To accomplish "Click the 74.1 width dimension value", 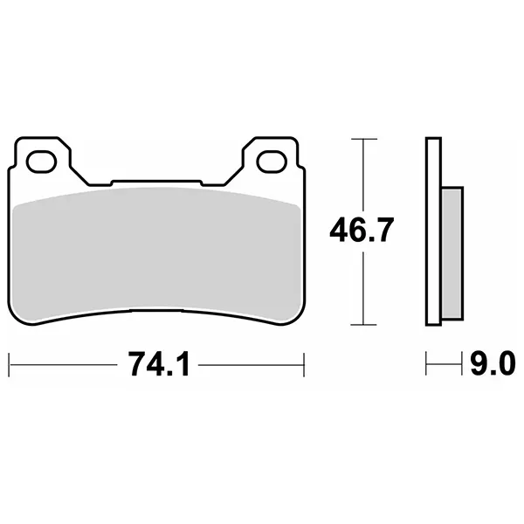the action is click(x=160, y=364).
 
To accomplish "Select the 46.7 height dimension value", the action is click(x=362, y=229).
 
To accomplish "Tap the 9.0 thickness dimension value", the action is click(x=493, y=364).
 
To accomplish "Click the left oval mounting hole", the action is click(x=41, y=162).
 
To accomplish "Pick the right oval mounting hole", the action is click(x=272, y=162).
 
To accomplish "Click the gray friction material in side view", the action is click(x=452, y=253).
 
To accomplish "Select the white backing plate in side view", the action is click(x=433, y=231).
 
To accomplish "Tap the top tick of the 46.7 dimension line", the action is click(x=363, y=139).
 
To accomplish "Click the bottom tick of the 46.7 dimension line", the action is click(x=363, y=325).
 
